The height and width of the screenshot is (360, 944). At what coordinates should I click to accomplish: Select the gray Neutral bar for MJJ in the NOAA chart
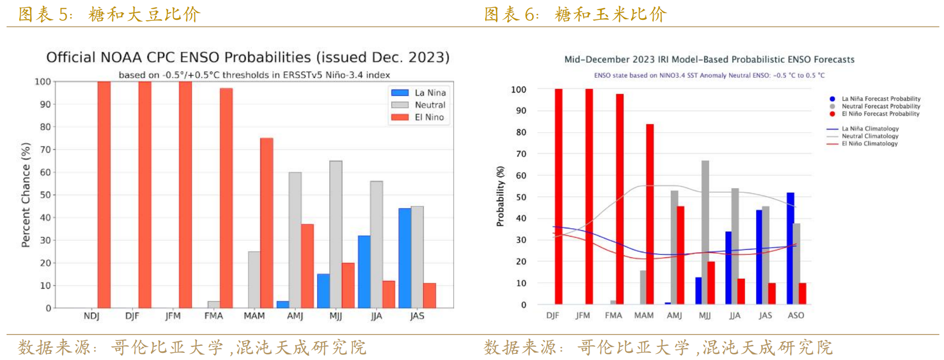[x=336, y=234]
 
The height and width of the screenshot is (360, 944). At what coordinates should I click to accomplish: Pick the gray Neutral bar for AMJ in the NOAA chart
[x=295, y=239]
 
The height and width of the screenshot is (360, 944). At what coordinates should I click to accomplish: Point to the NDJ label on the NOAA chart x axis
[x=92, y=316]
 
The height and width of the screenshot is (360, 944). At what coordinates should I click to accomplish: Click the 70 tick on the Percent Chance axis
[x=45, y=149]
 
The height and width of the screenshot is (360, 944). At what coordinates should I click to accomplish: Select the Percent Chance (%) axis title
[x=26, y=195]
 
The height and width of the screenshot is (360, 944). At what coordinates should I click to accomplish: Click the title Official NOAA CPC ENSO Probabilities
[x=248, y=57]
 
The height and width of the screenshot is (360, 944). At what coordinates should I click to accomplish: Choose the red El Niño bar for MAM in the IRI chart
[x=650, y=214]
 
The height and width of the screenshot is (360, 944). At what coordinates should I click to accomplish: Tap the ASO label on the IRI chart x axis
[x=796, y=316]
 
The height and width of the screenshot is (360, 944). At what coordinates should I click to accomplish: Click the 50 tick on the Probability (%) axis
[x=521, y=197]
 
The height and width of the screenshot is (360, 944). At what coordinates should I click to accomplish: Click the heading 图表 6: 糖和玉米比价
[x=575, y=14]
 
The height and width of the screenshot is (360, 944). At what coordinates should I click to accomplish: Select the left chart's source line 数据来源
[x=192, y=348]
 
